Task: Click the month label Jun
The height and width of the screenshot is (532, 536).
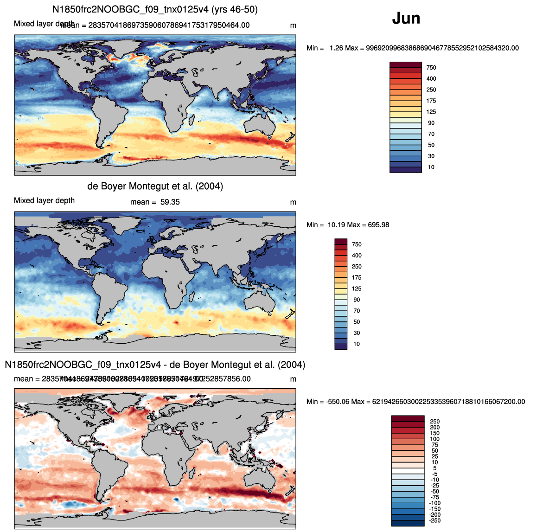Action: point(406,18)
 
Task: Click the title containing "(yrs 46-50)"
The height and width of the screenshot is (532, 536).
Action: point(155,9)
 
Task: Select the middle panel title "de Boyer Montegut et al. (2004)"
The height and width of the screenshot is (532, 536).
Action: point(155,186)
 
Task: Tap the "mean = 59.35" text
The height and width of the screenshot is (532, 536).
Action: point(155,202)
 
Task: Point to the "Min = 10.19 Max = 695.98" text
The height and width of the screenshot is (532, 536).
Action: point(348,225)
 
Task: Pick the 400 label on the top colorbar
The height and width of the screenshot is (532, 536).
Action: point(431,78)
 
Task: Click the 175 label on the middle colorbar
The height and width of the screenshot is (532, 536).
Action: point(357,277)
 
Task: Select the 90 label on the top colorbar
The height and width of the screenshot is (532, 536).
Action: point(431,123)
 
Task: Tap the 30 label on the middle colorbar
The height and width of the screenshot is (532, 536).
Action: point(357,333)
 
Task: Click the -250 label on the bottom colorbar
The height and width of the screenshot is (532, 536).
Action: point(435,520)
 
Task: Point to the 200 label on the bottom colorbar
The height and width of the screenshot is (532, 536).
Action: point(435,428)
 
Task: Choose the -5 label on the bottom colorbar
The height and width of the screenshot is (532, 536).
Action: point(435,474)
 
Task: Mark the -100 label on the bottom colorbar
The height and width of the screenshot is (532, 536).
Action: point(435,503)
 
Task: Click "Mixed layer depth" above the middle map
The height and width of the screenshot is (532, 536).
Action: point(44,201)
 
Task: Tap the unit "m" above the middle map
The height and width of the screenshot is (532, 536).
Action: point(293,202)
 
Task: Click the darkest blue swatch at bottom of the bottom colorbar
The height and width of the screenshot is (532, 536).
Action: point(408,523)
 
